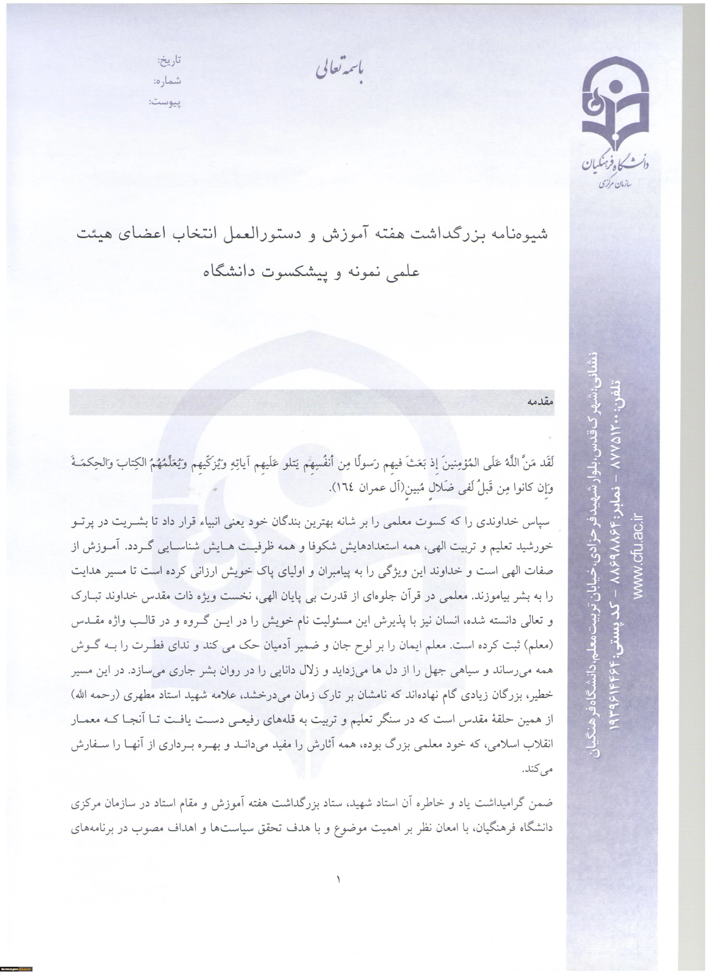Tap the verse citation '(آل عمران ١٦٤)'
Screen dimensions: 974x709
[361, 489]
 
